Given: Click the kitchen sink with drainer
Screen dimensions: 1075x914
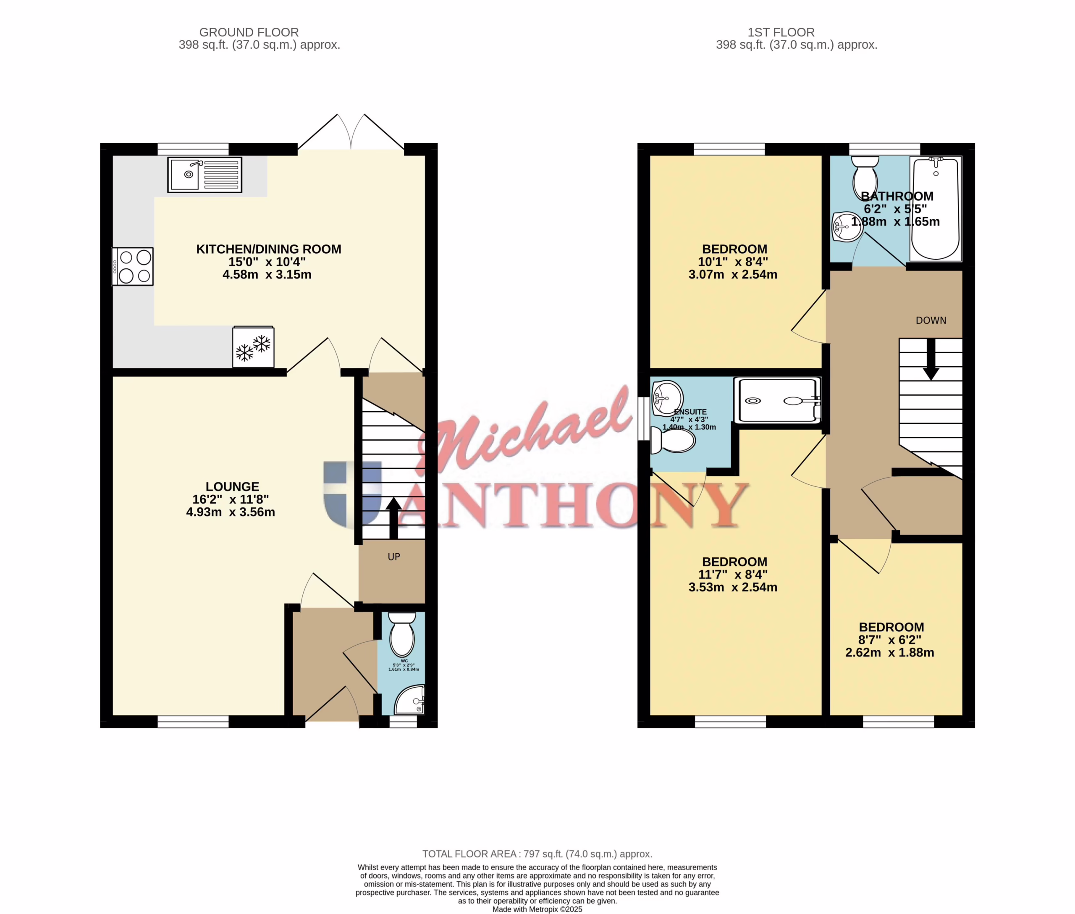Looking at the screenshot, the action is coord(205,175).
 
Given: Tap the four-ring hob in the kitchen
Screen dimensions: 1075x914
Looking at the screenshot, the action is coord(132,266).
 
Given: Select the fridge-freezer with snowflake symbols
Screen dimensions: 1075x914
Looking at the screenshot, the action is coord(253,347).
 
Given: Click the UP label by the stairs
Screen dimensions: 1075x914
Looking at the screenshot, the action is coord(394,557).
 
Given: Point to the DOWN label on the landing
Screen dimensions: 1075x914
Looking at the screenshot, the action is coord(931,320).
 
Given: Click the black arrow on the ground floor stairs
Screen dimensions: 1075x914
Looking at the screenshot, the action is coord(394,518).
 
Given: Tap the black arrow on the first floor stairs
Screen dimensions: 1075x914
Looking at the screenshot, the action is coord(931,359).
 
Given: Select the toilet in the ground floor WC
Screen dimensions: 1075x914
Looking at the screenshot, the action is coord(402,635).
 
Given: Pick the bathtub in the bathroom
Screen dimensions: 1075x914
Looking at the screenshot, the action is coord(936,208).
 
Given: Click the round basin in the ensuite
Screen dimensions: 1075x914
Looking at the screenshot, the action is coord(667,398).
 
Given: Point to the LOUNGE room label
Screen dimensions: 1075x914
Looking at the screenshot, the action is coord(232,486).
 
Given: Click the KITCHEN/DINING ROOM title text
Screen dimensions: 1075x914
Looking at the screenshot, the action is coord(268,249).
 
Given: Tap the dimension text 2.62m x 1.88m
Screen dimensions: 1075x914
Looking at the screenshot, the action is coord(889,652).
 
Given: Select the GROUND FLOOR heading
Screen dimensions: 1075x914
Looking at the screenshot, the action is coord(249,32).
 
